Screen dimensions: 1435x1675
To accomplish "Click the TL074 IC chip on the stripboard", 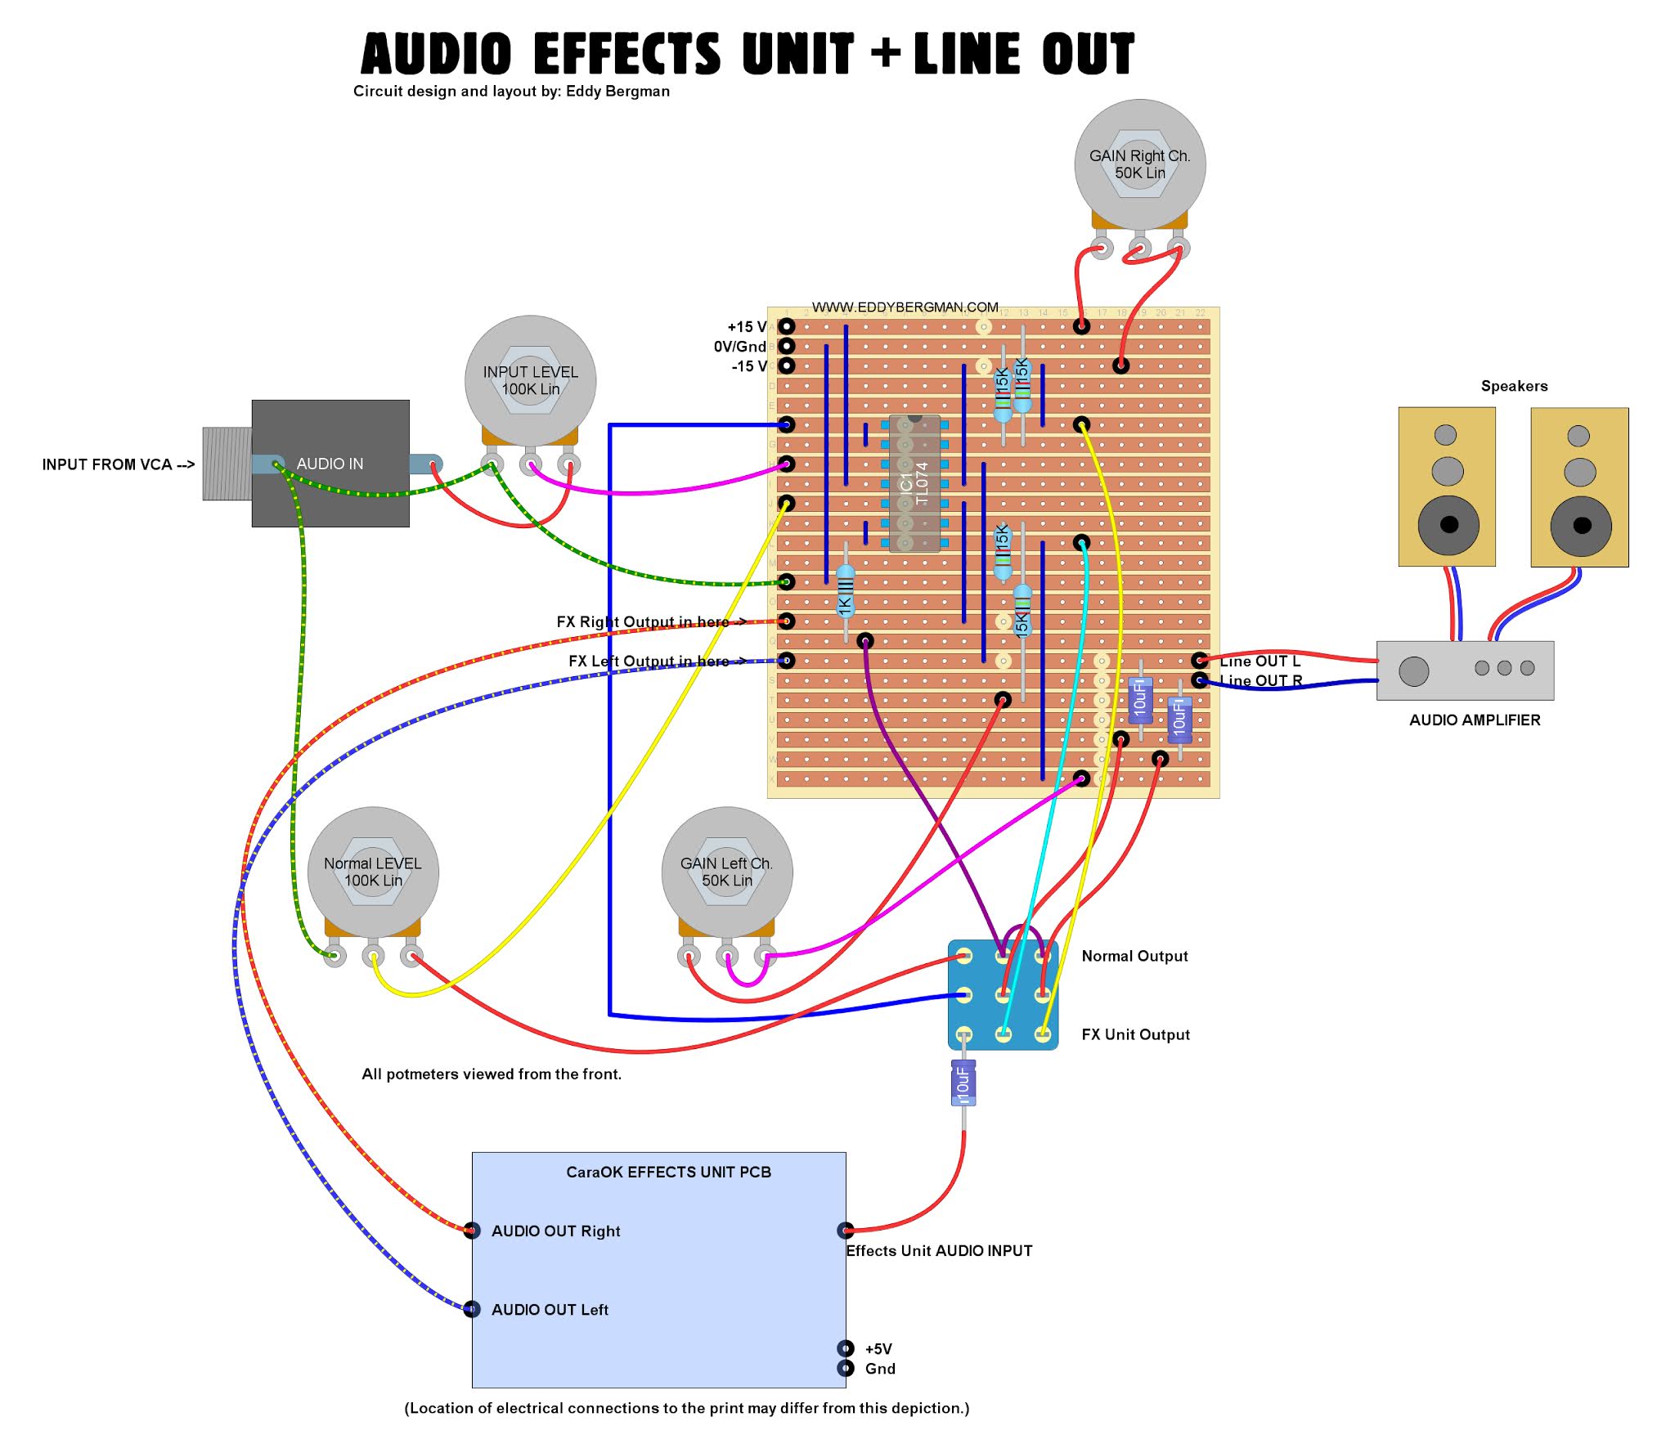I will coord(914,483).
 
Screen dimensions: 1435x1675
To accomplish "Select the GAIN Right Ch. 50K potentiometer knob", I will coord(1139,164).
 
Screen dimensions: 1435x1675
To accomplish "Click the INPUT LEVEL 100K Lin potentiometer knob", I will coord(530,380).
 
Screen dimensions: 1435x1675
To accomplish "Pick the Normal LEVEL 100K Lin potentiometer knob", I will coord(373,872).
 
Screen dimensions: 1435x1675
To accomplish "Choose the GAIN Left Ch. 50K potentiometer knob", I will coord(726,872).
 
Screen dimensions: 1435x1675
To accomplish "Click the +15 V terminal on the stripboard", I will coord(786,326).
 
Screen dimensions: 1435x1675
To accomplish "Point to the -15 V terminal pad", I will coord(786,365).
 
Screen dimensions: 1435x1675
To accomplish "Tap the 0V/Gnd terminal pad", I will coord(786,346).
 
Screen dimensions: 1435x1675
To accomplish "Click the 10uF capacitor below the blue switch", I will coord(963,1083).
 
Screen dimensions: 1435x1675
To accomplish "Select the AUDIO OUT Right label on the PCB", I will coord(555,1231).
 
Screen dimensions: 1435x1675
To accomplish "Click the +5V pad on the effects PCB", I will coord(845,1348).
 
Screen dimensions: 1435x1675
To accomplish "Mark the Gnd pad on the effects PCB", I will coord(845,1368).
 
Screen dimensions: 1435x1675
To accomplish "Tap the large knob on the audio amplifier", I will coord(1413,670).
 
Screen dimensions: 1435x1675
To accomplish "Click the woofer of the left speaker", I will coord(1448,525).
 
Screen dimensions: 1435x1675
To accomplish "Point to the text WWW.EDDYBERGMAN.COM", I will coord(905,307).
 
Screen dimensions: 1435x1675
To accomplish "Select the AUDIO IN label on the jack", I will coord(330,464).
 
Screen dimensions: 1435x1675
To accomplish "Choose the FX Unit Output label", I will coord(1135,1034).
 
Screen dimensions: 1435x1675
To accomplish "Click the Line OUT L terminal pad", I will coord(1199,660).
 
